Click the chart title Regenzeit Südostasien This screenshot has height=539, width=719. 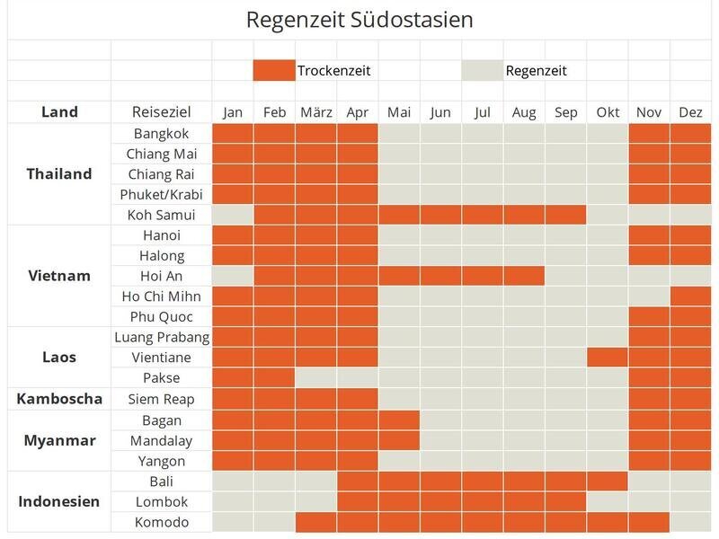(359, 20)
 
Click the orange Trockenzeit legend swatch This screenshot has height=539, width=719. (273, 70)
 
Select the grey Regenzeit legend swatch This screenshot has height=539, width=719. (482, 70)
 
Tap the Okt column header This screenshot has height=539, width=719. (608, 112)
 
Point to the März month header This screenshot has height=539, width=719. (315, 112)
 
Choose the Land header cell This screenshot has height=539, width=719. (59, 112)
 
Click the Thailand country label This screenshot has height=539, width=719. (59, 174)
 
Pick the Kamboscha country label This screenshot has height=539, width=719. (59, 399)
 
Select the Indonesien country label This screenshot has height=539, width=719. (59, 501)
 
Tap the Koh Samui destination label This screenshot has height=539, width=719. (162, 215)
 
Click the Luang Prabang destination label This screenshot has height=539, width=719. (162, 338)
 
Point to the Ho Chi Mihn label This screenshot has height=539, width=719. (162, 296)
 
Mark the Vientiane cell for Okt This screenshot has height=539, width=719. (608, 358)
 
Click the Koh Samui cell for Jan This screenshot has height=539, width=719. (233, 215)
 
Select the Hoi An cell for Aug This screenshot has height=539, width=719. (524, 276)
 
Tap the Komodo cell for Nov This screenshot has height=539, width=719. (649, 522)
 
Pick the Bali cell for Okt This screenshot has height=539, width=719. (608, 482)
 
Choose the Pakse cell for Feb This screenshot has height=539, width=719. (274, 378)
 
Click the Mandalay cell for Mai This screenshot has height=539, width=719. (399, 440)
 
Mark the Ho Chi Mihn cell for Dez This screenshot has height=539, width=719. (690, 296)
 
